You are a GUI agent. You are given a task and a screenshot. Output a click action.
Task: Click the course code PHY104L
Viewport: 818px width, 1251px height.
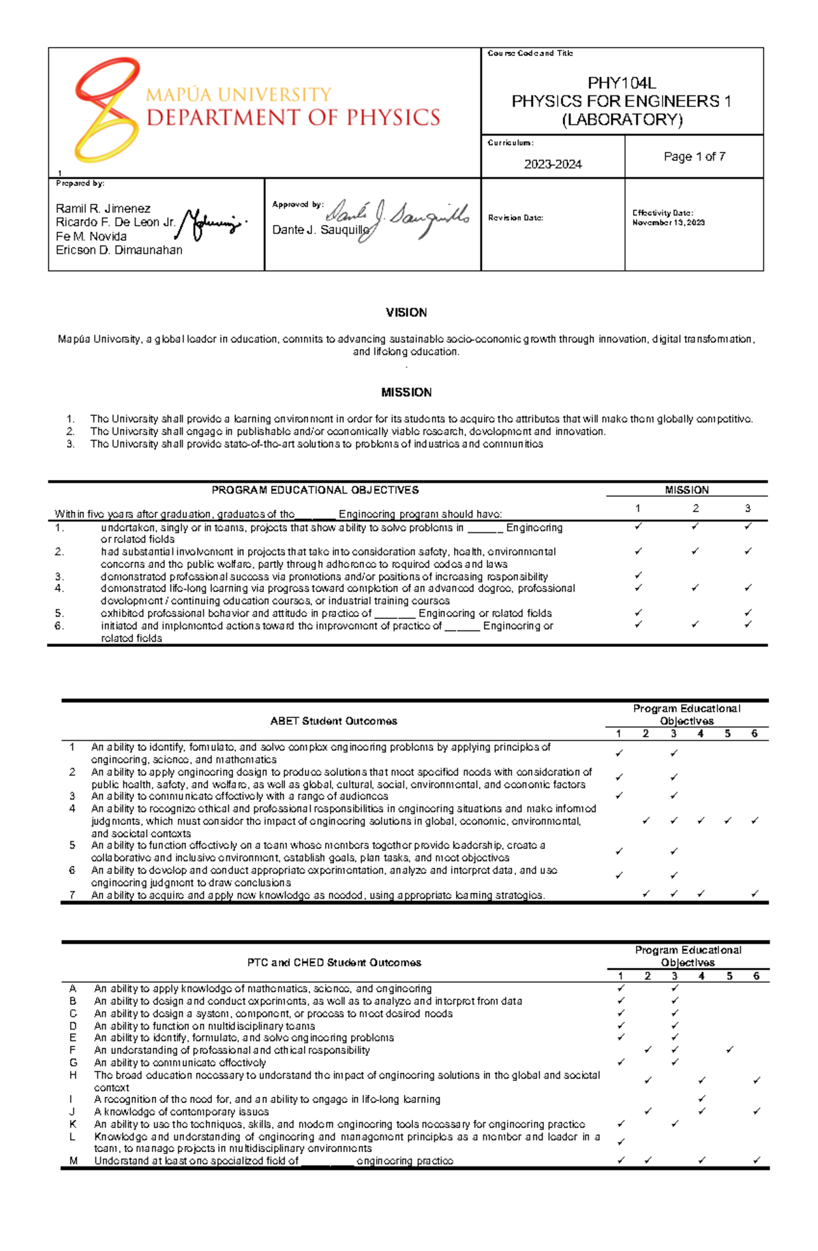coord(621,83)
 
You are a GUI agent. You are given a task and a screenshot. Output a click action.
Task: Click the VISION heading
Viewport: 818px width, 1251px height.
coord(406,312)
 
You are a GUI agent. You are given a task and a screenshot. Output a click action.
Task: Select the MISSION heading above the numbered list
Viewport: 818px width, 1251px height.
coord(406,392)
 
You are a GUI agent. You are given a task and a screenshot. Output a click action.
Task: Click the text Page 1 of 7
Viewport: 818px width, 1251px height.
coord(694,157)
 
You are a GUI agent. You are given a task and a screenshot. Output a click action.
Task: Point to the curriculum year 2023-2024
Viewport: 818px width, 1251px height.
coord(552,164)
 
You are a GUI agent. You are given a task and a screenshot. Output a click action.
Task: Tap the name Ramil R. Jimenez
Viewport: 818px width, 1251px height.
coord(103,209)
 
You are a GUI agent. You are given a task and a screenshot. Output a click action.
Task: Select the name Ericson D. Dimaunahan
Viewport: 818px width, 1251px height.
coord(119,250)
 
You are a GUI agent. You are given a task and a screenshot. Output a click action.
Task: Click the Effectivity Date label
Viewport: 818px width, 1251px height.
coord(662,213)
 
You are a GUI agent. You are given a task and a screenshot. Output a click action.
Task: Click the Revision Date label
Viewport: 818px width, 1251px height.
coord(515,218)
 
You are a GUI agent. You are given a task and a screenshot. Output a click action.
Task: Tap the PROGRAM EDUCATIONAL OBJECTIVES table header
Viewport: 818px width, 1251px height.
coord(315,490)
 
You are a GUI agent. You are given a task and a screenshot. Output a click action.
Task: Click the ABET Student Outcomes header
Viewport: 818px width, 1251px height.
coord(333,721)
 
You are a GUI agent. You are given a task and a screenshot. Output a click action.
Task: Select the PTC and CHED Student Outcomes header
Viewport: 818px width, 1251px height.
coord(334,963)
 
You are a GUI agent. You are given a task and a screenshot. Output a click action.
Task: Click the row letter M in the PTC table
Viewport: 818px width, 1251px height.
coord(73,1160)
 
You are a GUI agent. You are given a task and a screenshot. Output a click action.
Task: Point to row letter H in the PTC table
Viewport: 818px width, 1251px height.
coord(73,1075)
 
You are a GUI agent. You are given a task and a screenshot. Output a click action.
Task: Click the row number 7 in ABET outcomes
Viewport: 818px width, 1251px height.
coord(72,895)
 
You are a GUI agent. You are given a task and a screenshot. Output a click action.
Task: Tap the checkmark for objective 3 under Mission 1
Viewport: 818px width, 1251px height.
coord(638,575)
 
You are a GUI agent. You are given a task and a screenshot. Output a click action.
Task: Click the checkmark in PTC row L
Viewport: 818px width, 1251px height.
coord(620,1141)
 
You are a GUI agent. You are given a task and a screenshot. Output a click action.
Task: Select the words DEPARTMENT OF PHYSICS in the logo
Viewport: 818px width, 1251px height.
coord(293,118)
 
